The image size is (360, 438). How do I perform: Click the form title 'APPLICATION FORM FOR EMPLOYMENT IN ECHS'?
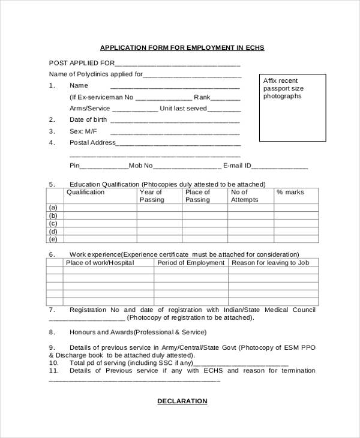(x=182, y=47)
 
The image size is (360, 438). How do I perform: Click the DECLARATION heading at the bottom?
(x=182, y=401)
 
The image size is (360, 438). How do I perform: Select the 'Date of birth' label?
(x=88, y=119)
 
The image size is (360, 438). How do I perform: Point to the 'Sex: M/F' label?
(x=83, y=131)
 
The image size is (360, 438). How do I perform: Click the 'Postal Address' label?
(x=92, y=142)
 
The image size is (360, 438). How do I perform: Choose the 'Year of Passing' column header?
(x=151, y=196)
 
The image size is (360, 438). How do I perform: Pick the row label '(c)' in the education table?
(x=53, y=223)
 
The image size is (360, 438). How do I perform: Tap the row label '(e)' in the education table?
(x=53, y=239)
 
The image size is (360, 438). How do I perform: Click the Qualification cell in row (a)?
(x=100, y=208)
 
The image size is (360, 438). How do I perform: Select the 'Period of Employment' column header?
(x=190, y=263)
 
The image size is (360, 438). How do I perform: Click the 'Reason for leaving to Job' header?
(x=270, y=263)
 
